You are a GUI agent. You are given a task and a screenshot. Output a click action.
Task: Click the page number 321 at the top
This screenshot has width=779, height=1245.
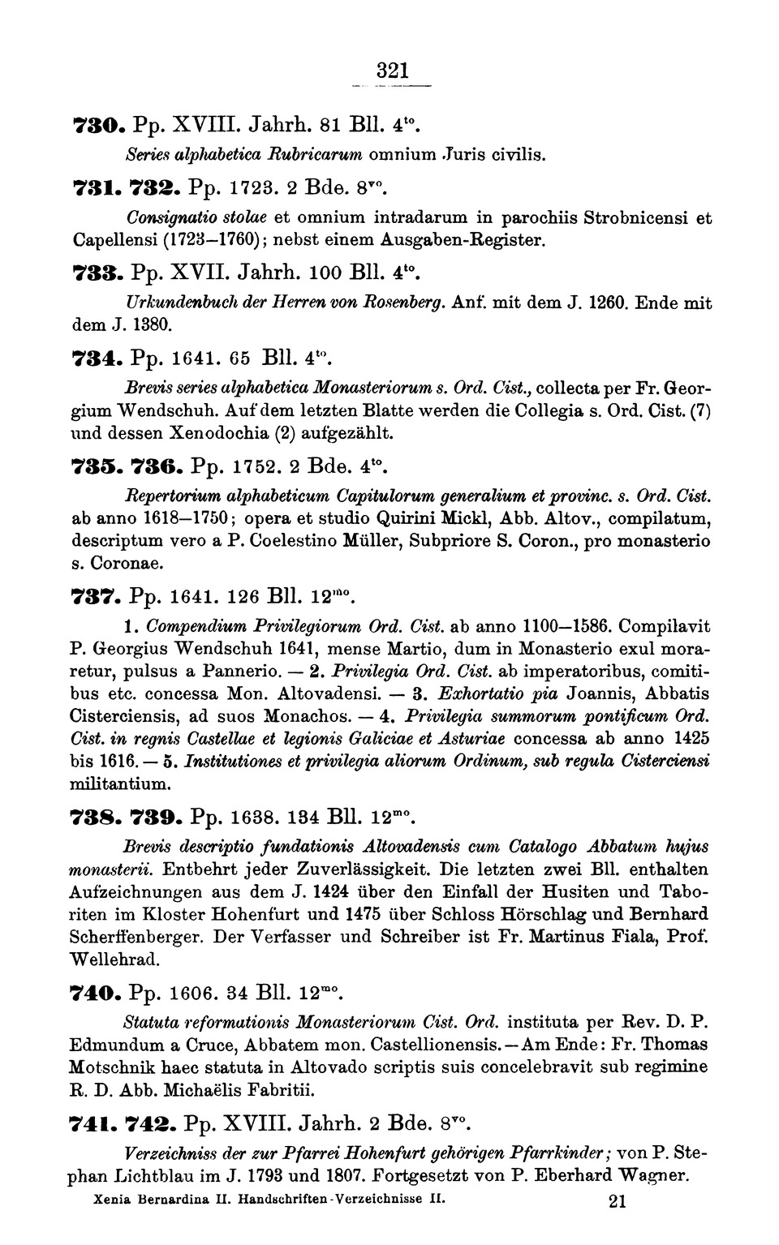(391, 71)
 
